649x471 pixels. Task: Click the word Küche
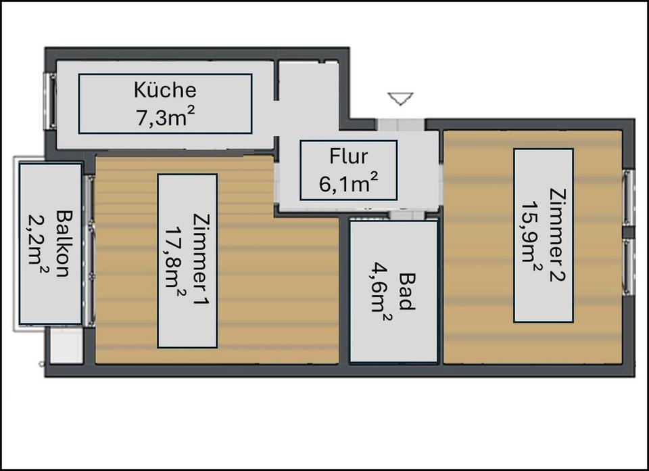(165, 90)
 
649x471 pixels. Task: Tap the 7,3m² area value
(165, 118)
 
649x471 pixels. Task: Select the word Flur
(349, 156)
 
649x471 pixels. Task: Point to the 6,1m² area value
(349, 183)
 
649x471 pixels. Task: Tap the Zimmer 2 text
(557, 234)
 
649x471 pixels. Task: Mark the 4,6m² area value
(380, 292)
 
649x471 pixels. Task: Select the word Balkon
(64, 244)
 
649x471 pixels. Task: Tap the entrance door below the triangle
(400, 125)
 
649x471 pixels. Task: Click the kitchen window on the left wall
(52, 101)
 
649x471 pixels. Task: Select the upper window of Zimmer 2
(628, 198)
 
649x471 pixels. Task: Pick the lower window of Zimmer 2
(628, 267)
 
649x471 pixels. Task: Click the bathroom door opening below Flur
(407, 214)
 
